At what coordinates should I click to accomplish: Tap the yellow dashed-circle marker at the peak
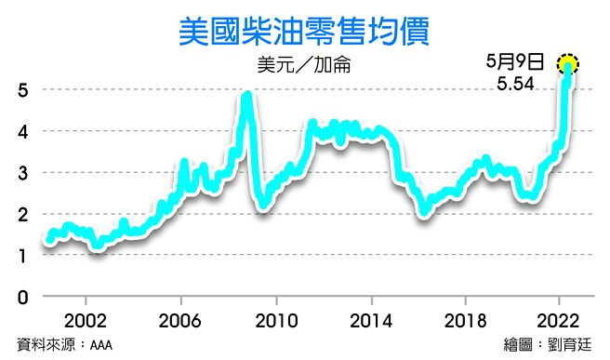(568, 64)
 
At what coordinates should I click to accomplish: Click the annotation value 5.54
(516, 84)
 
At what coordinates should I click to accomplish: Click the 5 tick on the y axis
(21, 90)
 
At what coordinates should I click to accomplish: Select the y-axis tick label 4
(21, 131)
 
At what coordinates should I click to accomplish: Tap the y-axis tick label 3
(21, 173)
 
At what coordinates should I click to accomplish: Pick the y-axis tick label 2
(21, 214)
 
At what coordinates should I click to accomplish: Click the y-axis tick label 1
(21, 256)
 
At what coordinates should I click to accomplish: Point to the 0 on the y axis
(21, 297)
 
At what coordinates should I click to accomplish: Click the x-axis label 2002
(86, 319)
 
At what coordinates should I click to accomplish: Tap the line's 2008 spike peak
(246, 95)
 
